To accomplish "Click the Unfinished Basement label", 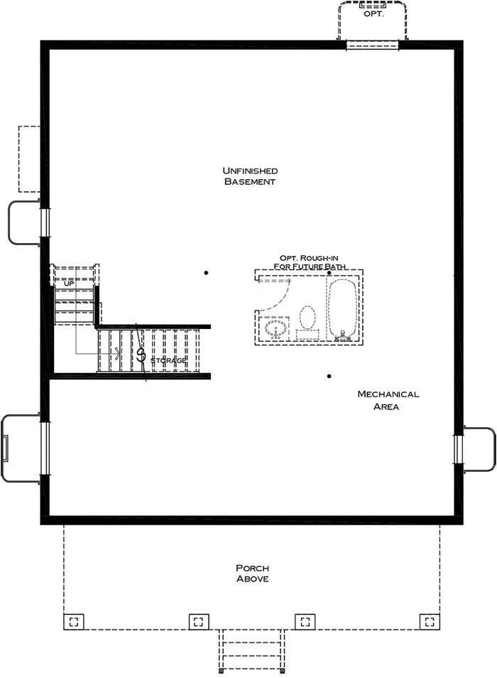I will point(249,176).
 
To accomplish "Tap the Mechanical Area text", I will point(388,400).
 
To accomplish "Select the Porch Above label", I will point(252,574).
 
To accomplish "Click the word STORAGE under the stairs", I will point(169,361).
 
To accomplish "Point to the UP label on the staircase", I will point(69,284).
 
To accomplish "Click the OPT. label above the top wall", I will point(373,13).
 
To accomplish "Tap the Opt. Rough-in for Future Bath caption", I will point(312,262).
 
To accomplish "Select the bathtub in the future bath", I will point(344,308).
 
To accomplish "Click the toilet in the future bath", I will point(307,318).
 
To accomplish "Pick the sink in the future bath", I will point(275,328).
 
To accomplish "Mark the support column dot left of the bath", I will point(207,273).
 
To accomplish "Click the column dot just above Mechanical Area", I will point(329,376).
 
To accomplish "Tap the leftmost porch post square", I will point(74,621).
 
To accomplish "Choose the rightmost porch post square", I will point(430,621).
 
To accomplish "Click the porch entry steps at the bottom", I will point(252,650).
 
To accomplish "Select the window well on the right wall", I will point(479,448).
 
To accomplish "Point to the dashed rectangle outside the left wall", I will point(29,158).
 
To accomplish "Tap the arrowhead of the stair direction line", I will point(117,353).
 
